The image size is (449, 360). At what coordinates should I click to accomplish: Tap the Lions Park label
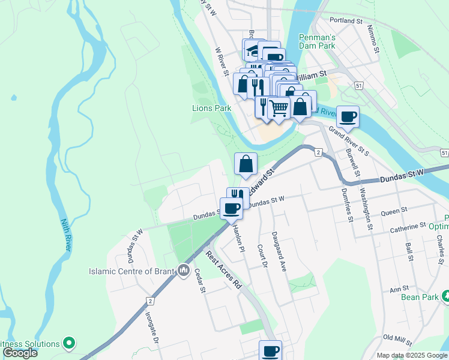tap(211, 108)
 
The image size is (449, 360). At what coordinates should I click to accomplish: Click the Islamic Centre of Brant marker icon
tap(183, 271)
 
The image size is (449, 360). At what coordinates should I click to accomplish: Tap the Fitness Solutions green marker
tap(69, 344)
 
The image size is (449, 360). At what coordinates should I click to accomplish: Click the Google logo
tap(20, 353)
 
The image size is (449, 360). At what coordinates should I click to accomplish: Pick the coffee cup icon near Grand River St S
tap(348, 116)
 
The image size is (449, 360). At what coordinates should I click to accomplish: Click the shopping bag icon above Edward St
tap(246, 163)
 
